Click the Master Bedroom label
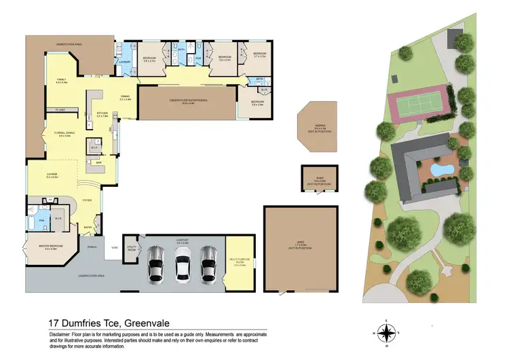[x=50, y=248]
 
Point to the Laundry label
[x=124, y=62]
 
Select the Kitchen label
[x=103, y=115]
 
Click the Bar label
[x=98, y=163]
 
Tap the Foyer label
[x=88, y=200]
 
